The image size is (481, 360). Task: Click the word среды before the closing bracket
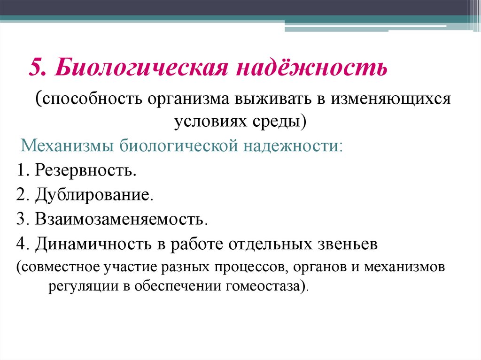(x=281, y=122)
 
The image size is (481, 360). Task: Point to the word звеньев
(x=350, y=244)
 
